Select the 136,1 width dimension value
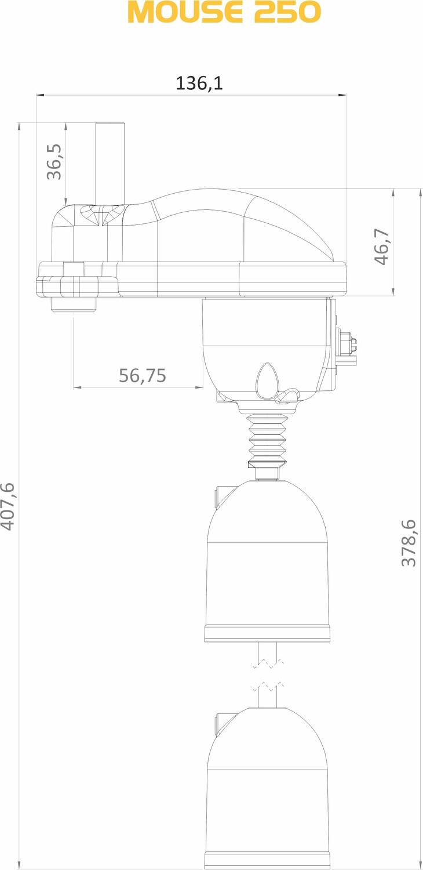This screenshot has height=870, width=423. (x=199, y=83)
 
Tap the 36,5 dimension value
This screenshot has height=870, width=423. (x=54, y=162)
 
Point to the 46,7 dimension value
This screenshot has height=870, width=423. (x=381, y=246)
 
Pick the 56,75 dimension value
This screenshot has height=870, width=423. (x=143, y=376)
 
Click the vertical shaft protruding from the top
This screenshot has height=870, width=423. (x=110, y=162)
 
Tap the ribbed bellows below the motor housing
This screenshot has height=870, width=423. (x=267, y=438)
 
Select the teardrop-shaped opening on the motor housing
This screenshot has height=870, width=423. (x=267, y=380)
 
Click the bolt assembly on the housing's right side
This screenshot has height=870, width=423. (x=347, y=347)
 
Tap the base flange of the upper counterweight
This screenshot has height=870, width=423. (x=267, y=633)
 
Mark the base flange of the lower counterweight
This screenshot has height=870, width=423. (x=267, y=860)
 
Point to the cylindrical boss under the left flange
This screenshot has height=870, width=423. (x=74, y=304)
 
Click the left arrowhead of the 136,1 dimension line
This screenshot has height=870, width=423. (x=39, y=95)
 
